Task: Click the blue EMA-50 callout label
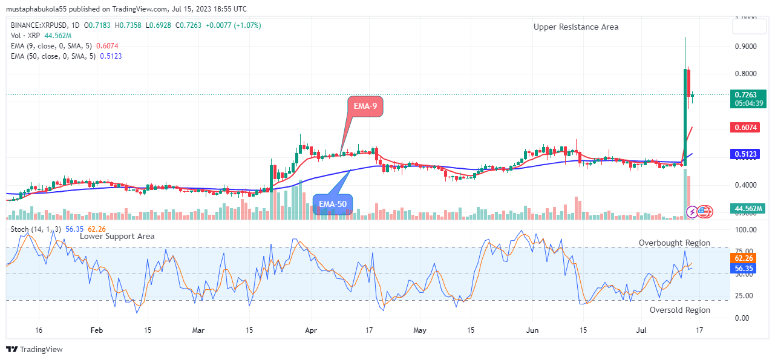pyautogui.click(x=333, y=205)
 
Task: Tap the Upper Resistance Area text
pyautogui.click(x=576, y=27)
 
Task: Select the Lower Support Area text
pyautogui.click(x=117, y=236)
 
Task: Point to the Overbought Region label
pyautogui.click(x=675, y=243)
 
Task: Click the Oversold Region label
pyautogui.click(x=679, y=310)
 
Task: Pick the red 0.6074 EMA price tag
pyautogui.click(x=749, y=128)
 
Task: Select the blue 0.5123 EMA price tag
pyautogui.click(x=749, y=154)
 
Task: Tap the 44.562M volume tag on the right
pyautogui.click(x=749, y=209)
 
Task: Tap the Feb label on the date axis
pyautogui.click(x=96, y=331)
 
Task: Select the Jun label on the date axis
pyautogui.click(x=532, y=331)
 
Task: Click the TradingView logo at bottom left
pyautogui.click(x=34, y=349)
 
